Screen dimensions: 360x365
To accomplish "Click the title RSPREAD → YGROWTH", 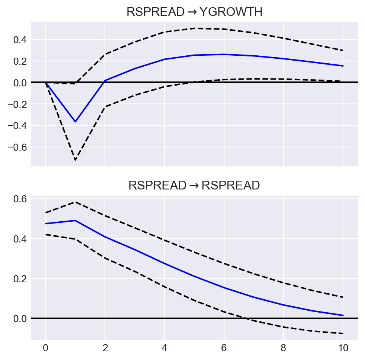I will (x=194, y=12).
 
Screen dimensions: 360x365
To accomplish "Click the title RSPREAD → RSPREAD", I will (x=194, y=185).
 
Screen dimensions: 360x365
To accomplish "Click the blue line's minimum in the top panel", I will (x=75, y=122).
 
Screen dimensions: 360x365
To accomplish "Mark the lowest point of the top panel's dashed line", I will (x=75, y=160).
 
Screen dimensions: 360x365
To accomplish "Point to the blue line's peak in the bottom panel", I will (x=75, y=220).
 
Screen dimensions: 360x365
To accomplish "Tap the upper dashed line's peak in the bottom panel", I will (x=75, y=202).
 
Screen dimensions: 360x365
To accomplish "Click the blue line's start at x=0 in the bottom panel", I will (x=45, y=224).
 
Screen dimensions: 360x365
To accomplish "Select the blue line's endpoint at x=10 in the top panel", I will (x=343, y=66).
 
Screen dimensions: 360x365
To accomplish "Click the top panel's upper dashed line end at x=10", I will (x=343, y=50).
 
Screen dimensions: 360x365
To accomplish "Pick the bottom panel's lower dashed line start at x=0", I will (x=45, y=234).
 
